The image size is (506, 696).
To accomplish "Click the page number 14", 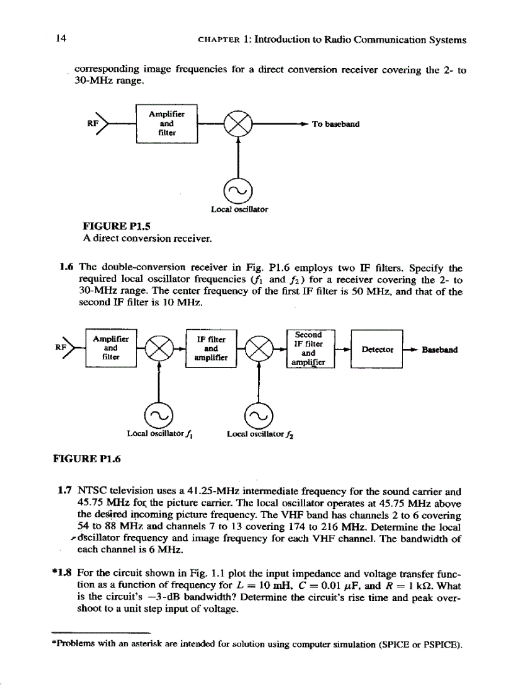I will tap(61, 39).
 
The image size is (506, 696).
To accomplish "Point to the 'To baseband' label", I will tap(335, 124).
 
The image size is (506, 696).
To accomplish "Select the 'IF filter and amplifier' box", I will tap(211, 349).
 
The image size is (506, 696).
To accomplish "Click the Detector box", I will tap(377, 350).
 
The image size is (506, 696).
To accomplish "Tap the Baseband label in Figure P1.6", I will tap(440, 350).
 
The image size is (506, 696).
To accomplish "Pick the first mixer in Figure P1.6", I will tap(159, 350).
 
